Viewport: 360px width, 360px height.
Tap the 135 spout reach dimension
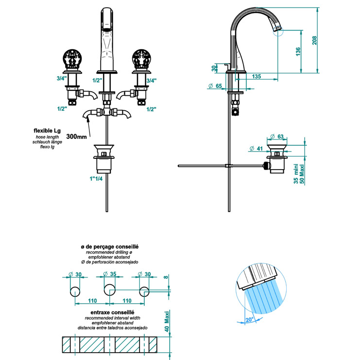point(257,76)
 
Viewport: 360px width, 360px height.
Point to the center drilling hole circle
point(108,291)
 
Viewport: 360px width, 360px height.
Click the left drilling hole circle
point(74,291)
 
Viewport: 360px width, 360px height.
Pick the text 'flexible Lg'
point(48,131)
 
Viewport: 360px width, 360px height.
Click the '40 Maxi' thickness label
point(165,321)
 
